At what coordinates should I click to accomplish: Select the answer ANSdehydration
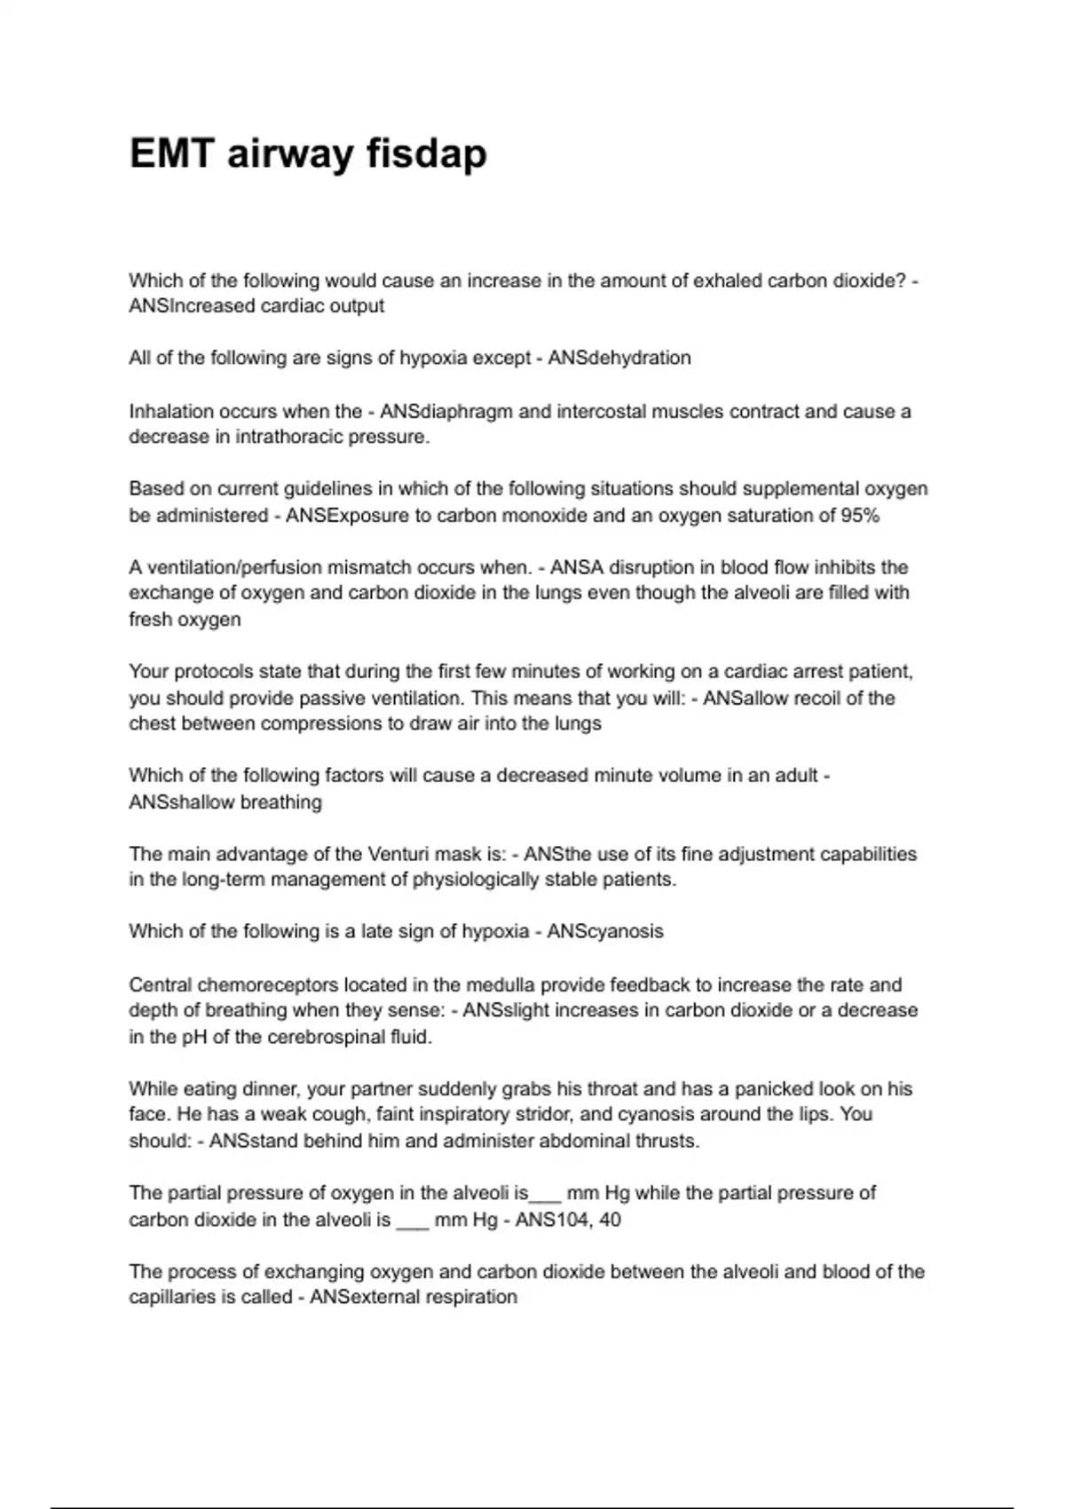coord(619,358)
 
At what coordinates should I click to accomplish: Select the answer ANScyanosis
coord(605,931)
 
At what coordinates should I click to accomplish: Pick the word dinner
coord(267,1088)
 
